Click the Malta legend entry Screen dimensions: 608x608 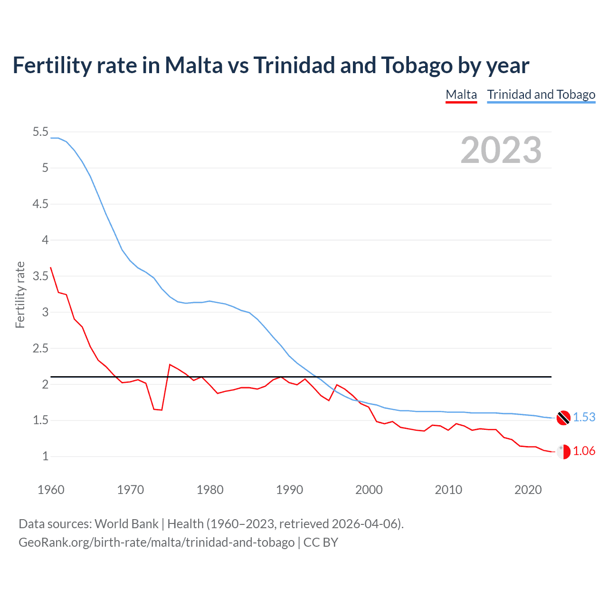[x=461, y=95]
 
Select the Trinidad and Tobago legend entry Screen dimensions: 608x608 [x=541, y=95]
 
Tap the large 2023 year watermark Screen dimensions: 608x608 [x=501, y=150]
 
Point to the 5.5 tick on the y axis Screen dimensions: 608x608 [x=40, y=132]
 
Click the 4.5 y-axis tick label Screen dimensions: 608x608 [x=40, y=204]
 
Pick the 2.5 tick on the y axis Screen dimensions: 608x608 [x=40, y=348]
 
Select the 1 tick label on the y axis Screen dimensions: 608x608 [x=45, y=456]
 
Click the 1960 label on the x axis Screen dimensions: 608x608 [x=51, y=490]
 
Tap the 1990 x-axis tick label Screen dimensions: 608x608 [x=289, y=490]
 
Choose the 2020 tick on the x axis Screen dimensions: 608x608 [x=528, y=490]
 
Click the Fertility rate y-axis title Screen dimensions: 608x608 [x=20, y=294]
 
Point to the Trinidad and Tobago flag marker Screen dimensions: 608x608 [x=563, y=418]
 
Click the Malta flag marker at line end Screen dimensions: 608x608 [x=563, y=452]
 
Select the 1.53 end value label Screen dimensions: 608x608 [x=584, y=417]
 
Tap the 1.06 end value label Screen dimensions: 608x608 [x=584, y=451]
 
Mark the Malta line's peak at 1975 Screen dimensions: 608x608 [x=170, y=364]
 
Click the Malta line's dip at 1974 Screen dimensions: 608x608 [x=162, y=410]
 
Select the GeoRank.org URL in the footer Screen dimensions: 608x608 [x=156, y=542]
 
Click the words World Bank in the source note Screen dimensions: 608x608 [x=126, y=523]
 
